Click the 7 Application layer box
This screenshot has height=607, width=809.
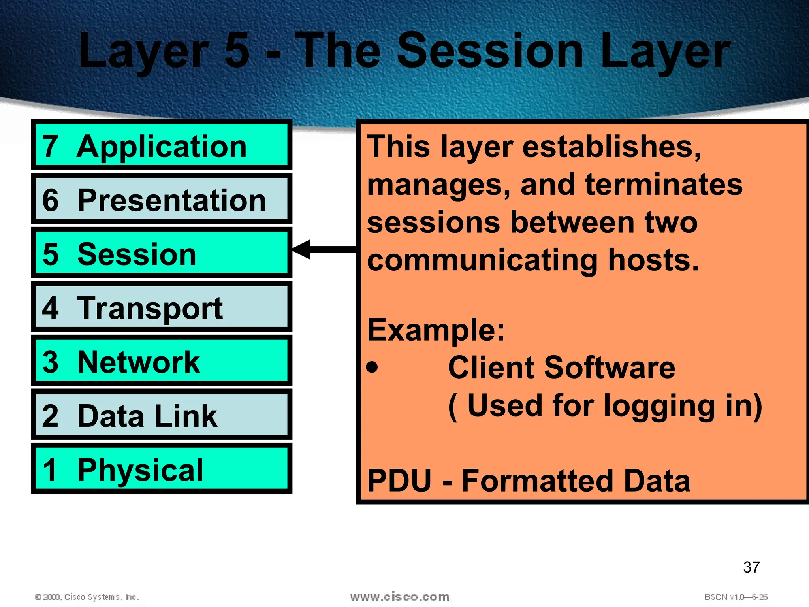162,145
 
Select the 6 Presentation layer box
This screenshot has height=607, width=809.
162,199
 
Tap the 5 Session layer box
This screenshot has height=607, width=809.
162,253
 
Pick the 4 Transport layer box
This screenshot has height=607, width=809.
162,307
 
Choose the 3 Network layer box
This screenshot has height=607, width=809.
162,361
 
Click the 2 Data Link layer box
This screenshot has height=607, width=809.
162,415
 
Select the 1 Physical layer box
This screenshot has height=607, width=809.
162,469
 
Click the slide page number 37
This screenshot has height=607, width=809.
751,567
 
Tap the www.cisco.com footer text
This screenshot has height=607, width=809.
399,596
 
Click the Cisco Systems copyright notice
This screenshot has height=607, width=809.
87,597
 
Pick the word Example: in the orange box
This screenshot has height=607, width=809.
436,330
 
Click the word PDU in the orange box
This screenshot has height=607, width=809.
399,481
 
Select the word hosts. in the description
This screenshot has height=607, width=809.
653,260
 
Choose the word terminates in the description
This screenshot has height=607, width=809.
664,185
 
